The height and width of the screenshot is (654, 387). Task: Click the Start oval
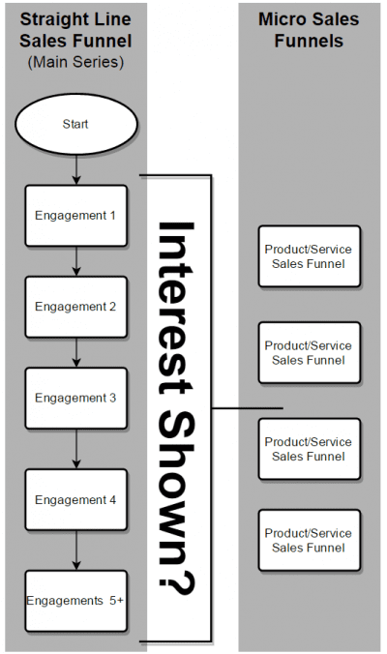point(75,125)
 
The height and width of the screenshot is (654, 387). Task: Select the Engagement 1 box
point(75,215)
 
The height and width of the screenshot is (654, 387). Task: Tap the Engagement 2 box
point(75,307)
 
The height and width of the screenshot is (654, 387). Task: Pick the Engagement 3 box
point(75,398)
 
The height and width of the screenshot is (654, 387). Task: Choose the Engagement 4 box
point(75,499)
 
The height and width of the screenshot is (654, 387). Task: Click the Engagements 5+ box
point(75,600)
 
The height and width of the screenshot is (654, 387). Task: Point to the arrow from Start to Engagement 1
point(75,169)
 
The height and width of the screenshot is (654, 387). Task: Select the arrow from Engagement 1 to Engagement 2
point(75,261)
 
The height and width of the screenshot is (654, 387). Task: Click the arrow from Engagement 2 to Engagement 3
point(75,352)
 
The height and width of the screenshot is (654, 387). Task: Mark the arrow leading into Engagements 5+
point(75,550)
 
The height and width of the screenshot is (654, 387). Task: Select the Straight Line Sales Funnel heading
point(75,31)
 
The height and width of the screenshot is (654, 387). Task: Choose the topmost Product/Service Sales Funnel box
point(309,256)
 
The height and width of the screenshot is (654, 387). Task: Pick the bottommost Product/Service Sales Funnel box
point(309,541)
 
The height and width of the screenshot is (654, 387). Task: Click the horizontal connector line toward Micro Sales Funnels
point(247,408)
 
